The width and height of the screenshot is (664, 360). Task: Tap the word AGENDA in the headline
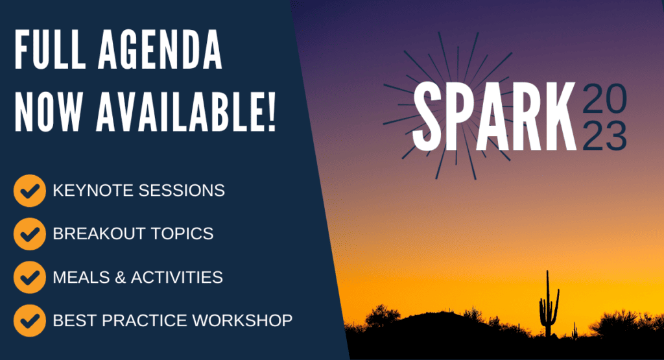[160, 49]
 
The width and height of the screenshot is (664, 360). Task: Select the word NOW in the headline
[48, 112]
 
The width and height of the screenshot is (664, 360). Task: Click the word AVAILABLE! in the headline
[186, 112]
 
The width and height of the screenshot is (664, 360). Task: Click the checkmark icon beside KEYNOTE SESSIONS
[30, 191]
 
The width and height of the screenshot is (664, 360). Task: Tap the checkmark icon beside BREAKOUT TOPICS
[30, 234]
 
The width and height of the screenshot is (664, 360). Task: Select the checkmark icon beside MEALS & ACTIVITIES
[30, 278]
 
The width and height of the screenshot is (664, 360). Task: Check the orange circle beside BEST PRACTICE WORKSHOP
[30, 320]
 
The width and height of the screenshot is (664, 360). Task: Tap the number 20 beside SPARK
[605, 99]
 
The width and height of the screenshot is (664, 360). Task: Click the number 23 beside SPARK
[605, 136]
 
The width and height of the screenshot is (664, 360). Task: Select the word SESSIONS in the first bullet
[182, 191]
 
